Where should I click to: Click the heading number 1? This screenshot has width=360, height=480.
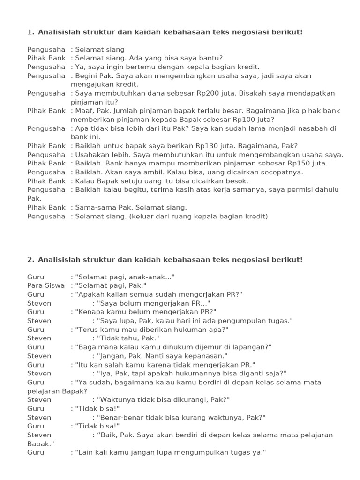[x=30, y=32]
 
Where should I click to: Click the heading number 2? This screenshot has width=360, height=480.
[x=30, y=259]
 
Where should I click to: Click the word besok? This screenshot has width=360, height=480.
[x=238, y=181]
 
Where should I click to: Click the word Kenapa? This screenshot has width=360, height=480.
[x=90, y=312]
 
